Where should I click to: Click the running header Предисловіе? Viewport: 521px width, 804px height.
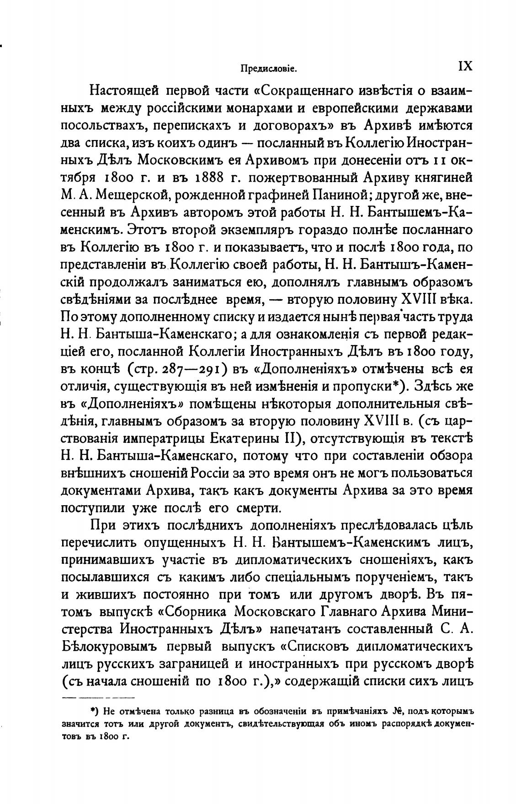[269, 69]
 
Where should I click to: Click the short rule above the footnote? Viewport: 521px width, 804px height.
[98, 697]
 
